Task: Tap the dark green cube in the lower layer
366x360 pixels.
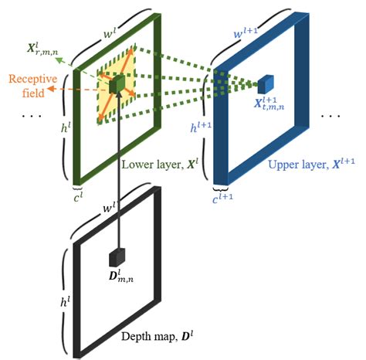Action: point(117,86)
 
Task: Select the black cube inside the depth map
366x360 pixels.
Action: point(117,256)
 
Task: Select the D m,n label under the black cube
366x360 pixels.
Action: point(118,278)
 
